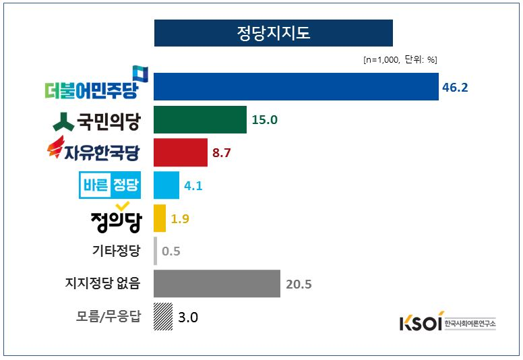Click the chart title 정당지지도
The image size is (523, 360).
pos(273,33)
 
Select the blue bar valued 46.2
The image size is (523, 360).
pos(296,86)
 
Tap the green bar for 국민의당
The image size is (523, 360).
pos(199,119)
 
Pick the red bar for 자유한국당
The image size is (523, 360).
pos(180,152)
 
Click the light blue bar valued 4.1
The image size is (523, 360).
pos(166,185)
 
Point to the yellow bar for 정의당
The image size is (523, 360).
pos(160,218)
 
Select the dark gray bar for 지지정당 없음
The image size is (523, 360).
pos(216,283)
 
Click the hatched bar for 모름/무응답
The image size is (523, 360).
pos(162,316)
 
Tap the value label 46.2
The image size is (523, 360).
pos(455,88)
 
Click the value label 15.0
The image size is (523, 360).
pos(265,120)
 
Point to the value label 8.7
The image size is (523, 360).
pos(222,153)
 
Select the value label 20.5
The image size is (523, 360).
pos(299,284)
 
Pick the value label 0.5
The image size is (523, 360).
pos(171,251)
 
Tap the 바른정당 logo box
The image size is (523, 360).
pos(110,185)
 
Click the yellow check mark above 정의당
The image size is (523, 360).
pos(122,205)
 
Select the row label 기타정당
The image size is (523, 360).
pos(115,251)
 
